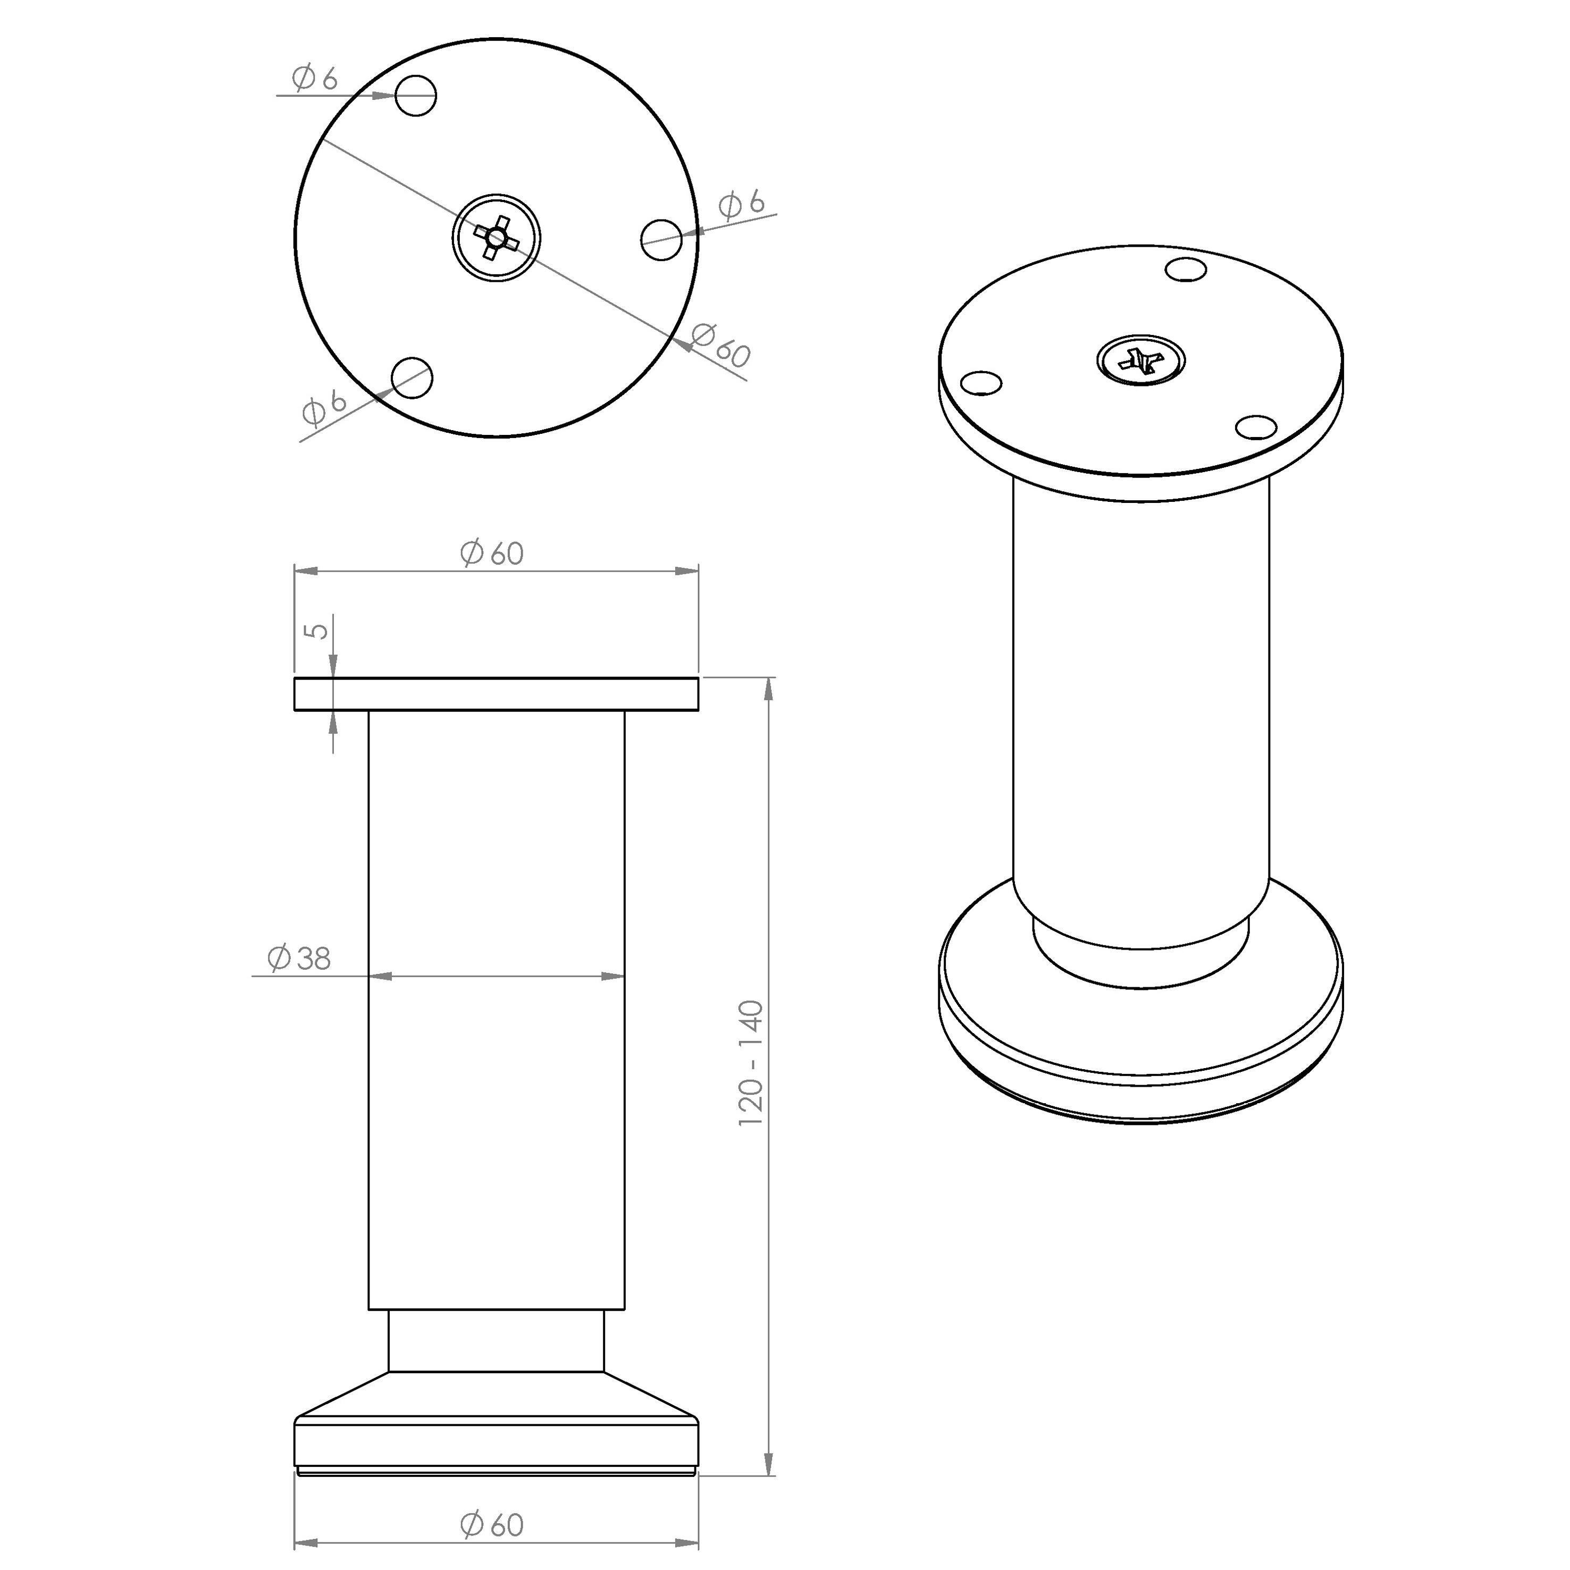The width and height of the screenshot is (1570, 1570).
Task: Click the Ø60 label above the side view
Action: tap(492, 553)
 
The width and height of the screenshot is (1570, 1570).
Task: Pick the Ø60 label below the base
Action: tap(492, 1524)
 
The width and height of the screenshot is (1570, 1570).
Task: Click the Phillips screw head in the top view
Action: tap(497, 237)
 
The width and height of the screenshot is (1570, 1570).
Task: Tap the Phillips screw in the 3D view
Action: tap(1141, 358)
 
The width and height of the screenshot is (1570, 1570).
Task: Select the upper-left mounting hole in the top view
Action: tap(416, 96)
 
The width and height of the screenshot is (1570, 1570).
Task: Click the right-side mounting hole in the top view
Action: tap(661, 239)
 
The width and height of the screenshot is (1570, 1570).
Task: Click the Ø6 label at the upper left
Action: tap(315, 79)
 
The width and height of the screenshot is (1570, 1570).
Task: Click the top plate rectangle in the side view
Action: tap(497, 694)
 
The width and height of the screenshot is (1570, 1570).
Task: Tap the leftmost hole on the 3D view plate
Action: tap(981, 381)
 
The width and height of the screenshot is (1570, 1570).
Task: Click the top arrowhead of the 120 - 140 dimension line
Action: tap(769, 687)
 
